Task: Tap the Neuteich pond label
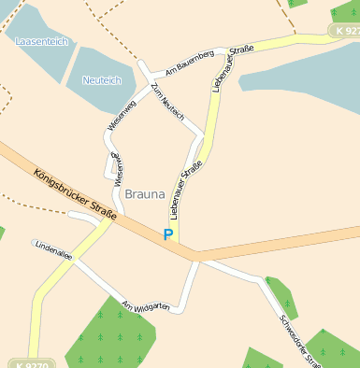pyautogui.click(x=102, y=81)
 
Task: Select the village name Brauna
pyautogui.click(x=144, y=194)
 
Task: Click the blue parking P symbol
pyautogui.click(x=168, y=235)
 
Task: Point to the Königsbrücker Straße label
pyautogui.click(x=75, y=193)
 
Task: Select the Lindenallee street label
pyautogui.click(x=54, y=252)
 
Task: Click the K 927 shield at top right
pyautogui.click(x=343, y=31)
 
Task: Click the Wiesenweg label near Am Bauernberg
pyautogui.click(x=121, y=113)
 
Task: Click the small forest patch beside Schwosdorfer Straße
pyautogui.click(x=281, y=294)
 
